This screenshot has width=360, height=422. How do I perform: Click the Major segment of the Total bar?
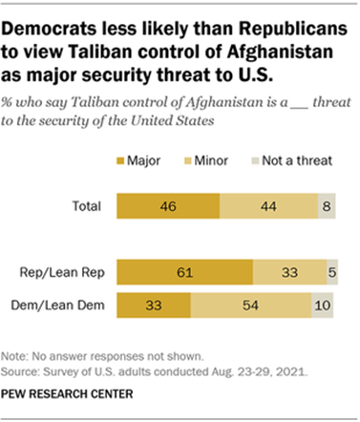point(168,204)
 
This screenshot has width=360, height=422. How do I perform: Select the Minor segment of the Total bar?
point(268,204)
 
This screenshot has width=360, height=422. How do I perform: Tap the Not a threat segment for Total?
point(327,204)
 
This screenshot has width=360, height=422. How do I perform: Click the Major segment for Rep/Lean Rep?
point(184,271)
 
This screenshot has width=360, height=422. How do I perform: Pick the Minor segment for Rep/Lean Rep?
point(288,271)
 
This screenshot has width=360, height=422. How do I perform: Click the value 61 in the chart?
point(184,271)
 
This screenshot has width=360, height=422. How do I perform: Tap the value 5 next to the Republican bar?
point(330,271)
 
